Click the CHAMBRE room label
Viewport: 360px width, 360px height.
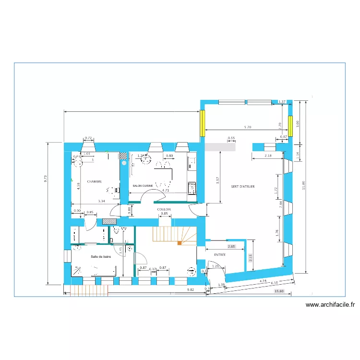[x=94, y=182]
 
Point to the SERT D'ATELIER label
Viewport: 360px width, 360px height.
[x=242, y=186]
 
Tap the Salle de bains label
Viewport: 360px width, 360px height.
[x=101, y=257]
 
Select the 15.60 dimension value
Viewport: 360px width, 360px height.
[x=279, y=291]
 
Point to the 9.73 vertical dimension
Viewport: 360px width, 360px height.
[x=46, y=177]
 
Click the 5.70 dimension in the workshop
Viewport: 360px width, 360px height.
[x=248, y=127]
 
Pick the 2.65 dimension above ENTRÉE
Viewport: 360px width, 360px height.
[x=231, y=246]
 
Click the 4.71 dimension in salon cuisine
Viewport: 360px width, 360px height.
[x=166, y=191]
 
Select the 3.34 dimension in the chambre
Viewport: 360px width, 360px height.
[x=101, y=201]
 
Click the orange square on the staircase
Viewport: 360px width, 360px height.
[x=180, y=243]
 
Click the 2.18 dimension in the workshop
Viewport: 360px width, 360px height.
[x=268, y=156]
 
